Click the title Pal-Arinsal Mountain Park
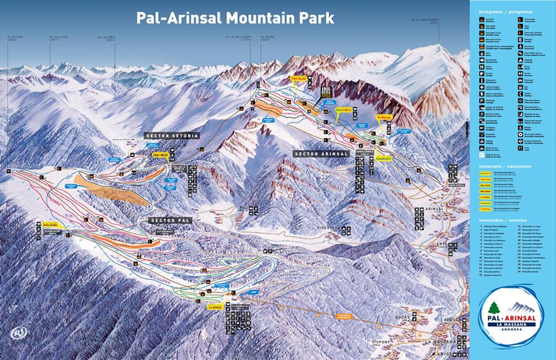click(235, 17)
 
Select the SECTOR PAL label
click(171, 220)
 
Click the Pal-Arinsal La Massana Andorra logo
click(511, 318)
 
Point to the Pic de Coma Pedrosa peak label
click(422, 22)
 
